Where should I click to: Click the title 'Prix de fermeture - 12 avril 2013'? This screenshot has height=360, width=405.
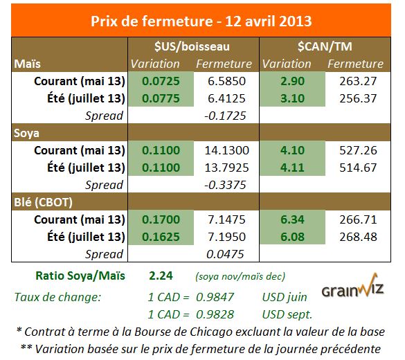[201, 20]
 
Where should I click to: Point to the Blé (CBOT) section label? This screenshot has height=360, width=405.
[42, 203]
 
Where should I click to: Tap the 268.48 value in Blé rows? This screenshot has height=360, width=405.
[354, 237]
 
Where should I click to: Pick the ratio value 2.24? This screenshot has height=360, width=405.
[161, 274]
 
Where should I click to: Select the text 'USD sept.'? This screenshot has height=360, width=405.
[285, 312]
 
